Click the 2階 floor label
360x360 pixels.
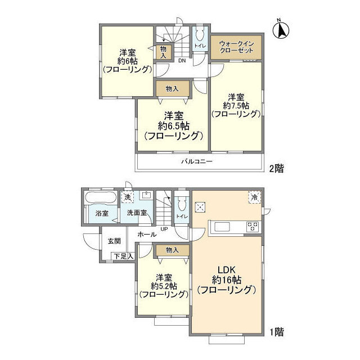[x=276, y=168]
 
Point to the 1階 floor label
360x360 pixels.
[x=276, y=332]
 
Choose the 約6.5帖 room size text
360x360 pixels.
[x=173, y=125]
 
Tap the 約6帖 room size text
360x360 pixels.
[x=127, y=60]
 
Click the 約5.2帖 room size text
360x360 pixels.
[x=164, y=285]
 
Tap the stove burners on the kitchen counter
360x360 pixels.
[x=253, y=227]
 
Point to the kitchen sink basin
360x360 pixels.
[x=220, y=227]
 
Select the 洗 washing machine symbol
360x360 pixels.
[x=128, y=197]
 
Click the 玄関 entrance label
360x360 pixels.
[x=114, y=241]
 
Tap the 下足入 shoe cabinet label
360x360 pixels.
[x=124, y=256]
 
